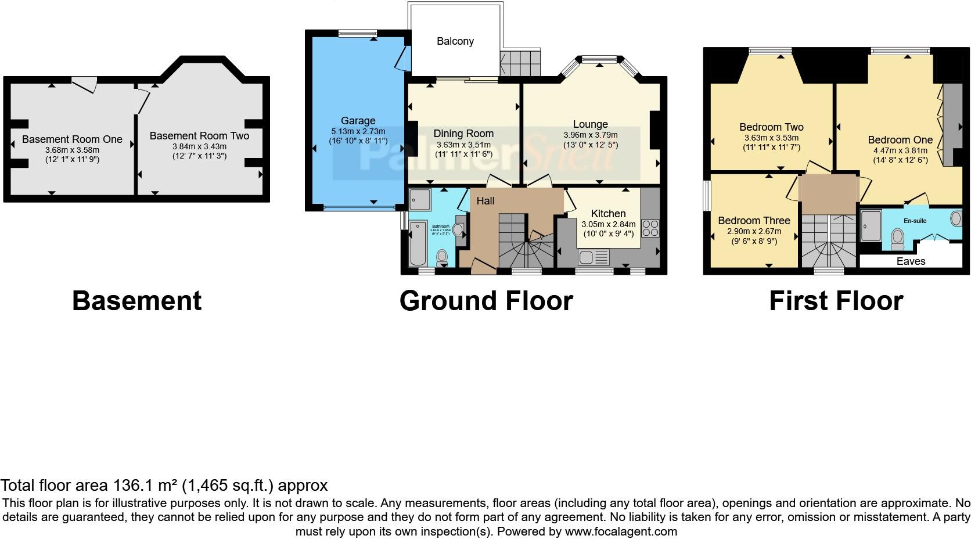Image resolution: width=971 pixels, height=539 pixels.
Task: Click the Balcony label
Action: pyautogui.click(x=455, y=41)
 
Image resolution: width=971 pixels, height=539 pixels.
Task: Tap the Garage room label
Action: pyautogui.click(x=358, y=121)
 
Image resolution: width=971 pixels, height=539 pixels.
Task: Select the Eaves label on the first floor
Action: pyautogui.click(x=911, y=261)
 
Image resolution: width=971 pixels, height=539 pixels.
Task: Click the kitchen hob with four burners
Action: pyautogui.click(x=650, y=228)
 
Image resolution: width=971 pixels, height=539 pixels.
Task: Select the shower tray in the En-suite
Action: pyautogui.click(x=870, y=225)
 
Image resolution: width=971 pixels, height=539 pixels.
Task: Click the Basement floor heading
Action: pyautogui.click(x=136, y=301)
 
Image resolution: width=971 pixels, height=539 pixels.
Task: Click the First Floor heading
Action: pyautogui.click(x=836, y=301)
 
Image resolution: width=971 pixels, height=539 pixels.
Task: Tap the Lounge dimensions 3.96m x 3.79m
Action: pyautogui.click(x=590, y=135)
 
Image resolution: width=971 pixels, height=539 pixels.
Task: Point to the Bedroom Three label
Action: pyautogui.click(x=754, y=221)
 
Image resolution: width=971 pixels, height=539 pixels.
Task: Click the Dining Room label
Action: pyautogui.click(x=463, y=134)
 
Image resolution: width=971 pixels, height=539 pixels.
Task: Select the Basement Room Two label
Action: pyautogui.click(x=199, y=136)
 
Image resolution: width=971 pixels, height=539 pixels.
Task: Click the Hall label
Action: pyautogui.click(x=485, y=201)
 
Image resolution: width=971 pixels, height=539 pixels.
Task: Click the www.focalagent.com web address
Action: pyautogui.click(x=621, y=531)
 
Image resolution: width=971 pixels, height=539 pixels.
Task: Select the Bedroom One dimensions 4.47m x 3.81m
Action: pyautogui.click(x=900, y=150)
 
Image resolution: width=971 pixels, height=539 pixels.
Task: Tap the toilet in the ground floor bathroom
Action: pyautogui.click(x=442, y=256)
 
